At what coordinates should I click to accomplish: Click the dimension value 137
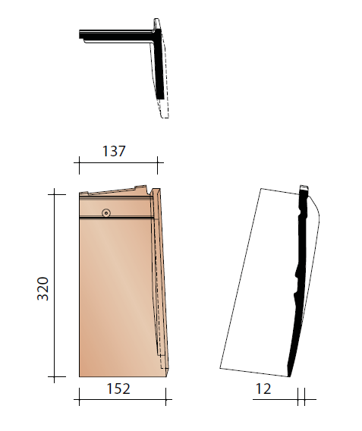pos(113,151)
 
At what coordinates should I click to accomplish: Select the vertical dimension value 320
pos(43,288)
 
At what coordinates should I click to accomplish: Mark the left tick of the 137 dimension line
pos(79,162)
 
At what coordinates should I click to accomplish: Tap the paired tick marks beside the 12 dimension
pos(301,395)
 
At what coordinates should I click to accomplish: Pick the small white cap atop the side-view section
pos(304,187)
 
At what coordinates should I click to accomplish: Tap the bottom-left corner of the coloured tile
pos(80,376)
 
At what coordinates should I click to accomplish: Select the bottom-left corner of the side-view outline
pos(219,368)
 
